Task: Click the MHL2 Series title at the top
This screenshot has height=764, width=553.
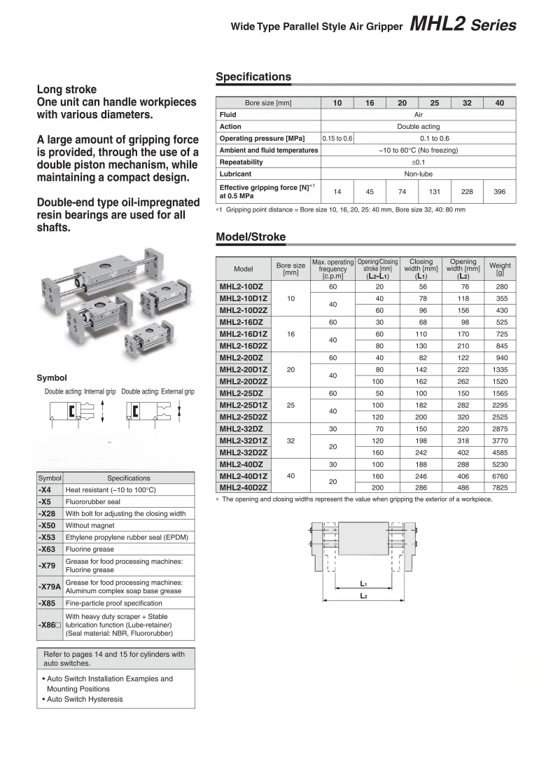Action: [x=463, y=26]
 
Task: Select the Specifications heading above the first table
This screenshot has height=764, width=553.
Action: [x=253, y=77]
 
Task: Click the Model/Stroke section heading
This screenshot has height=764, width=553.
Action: [x=251, y=237]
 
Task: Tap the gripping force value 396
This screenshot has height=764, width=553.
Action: [x=499, y=192]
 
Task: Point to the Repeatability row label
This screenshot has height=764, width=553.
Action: [x=241, y=162]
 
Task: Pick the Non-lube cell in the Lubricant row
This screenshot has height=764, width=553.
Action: [x=418, y=174]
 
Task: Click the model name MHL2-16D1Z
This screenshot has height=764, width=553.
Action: [x=243, y=334]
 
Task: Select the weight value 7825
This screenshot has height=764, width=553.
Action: [x=500, y=487]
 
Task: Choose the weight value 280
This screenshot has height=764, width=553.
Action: [x=500, y=286]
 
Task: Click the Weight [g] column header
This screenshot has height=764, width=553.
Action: [x=500, y=269]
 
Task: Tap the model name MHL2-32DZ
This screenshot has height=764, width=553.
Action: [x=241, y=428]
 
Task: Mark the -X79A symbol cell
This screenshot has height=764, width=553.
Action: [x=49, y=586]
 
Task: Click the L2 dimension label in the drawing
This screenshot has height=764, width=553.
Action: [x=363, y=596]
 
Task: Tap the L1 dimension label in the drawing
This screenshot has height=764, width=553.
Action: [x=363, y=583]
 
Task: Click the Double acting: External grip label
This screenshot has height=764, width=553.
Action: [x=157, y=392]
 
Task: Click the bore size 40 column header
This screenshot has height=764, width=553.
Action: [x=499, y=103]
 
